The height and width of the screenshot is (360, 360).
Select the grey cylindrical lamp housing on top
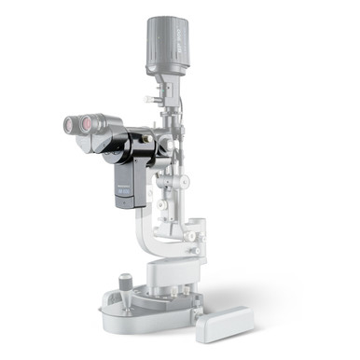(x=168, y=41)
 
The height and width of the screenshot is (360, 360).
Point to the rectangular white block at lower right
(x=224, y=323)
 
